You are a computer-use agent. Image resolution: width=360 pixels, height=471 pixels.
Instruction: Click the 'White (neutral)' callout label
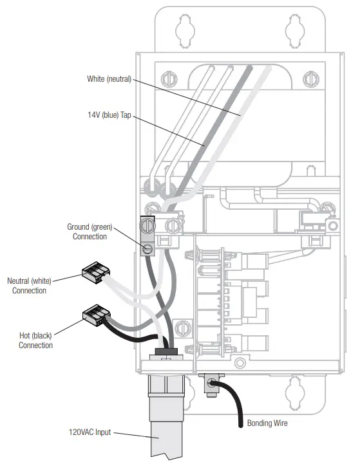coord(109,79)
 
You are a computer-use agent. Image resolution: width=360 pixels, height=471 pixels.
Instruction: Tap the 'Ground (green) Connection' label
coord(87,232)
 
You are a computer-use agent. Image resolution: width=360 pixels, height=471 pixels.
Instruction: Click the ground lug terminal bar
coord(146,236)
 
